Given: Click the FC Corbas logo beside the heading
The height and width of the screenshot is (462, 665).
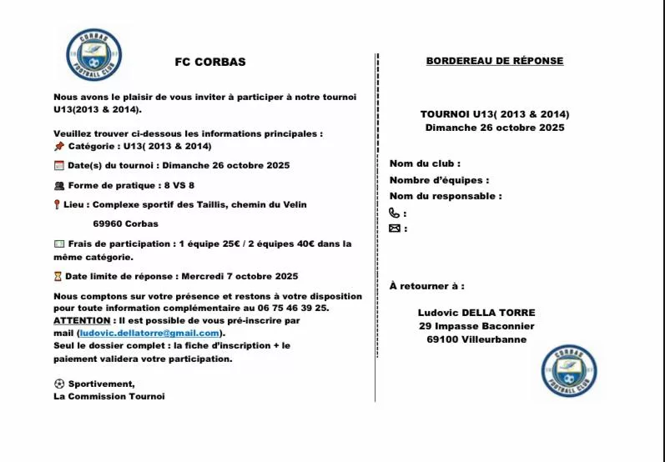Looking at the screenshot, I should [93, 54].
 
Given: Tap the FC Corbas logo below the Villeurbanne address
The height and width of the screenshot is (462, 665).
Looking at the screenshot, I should [569, 369].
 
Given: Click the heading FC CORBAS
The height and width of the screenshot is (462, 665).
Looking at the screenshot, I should [210, 62].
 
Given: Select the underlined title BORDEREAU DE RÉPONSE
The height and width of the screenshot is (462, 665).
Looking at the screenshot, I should [495, 61].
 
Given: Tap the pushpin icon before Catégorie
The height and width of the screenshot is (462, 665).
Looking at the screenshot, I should [58, 146].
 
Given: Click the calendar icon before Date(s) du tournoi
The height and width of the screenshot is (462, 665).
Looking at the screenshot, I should [58, 165].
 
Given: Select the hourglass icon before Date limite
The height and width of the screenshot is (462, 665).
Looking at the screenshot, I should [58, 276].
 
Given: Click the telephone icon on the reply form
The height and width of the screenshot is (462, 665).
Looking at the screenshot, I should [395, 213].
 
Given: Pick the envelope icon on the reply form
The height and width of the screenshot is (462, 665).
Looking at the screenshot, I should [395, 228].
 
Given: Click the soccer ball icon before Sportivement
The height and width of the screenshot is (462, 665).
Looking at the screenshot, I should [58, 384].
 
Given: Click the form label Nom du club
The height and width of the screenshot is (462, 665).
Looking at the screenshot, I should [425, 163].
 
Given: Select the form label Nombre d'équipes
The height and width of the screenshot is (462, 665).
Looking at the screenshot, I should [439, 180].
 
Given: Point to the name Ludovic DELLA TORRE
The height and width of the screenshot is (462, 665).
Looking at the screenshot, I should [476, 313].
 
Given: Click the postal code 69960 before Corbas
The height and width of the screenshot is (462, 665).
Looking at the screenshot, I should [109, 223].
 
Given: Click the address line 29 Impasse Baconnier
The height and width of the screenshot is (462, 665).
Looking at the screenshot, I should [476, 326].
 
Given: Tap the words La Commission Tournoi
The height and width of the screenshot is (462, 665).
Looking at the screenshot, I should [109, 396].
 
